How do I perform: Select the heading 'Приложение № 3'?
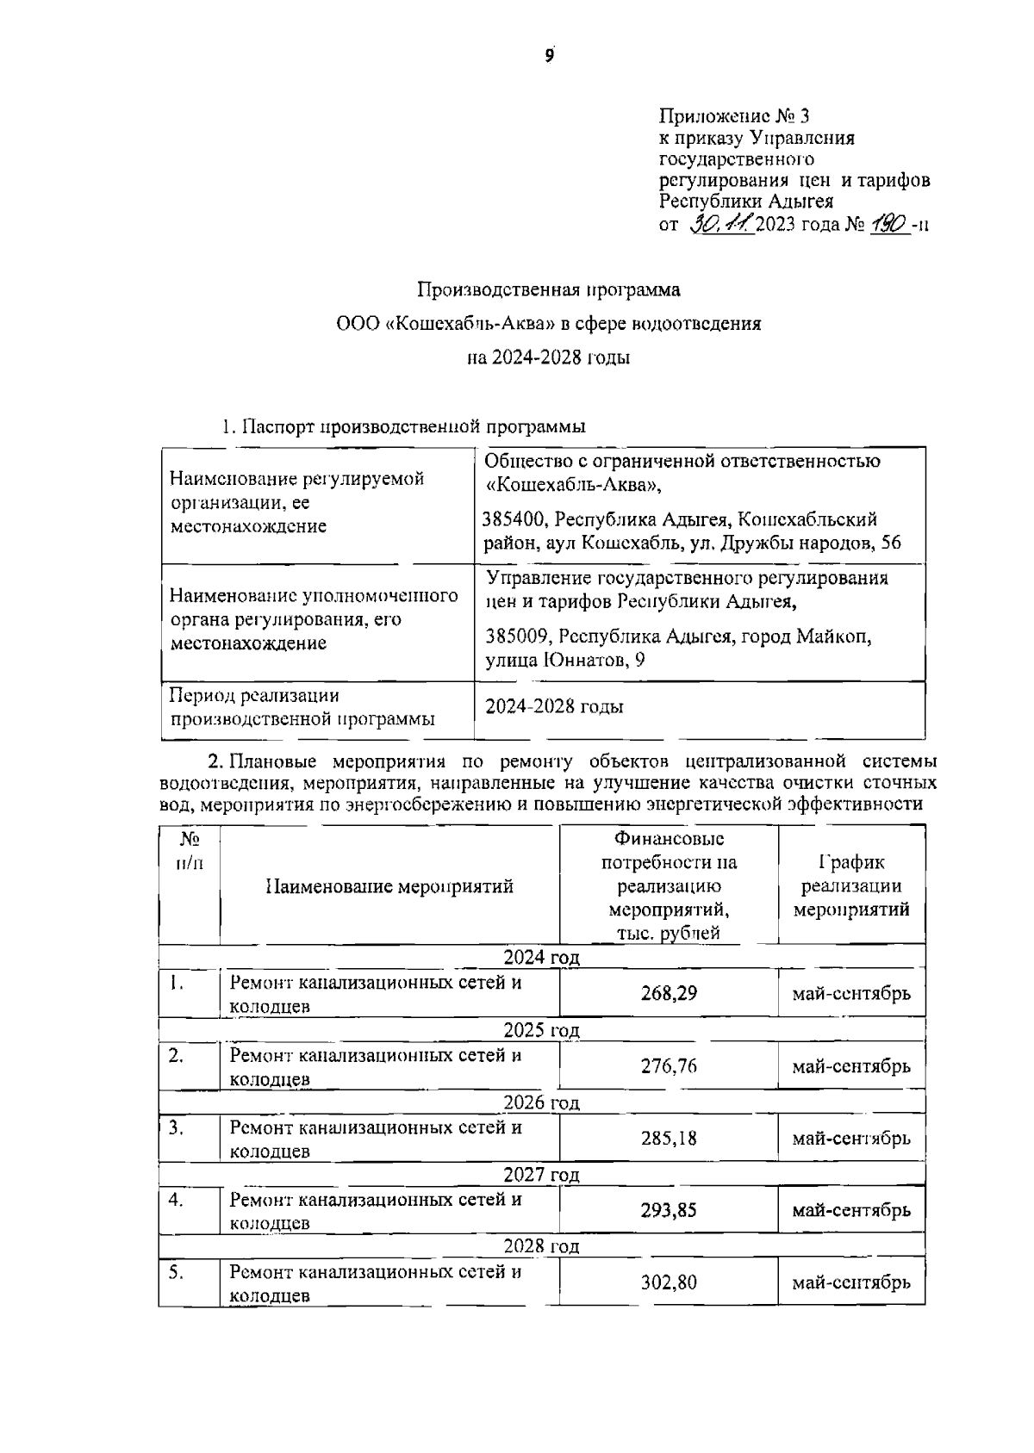[734, 115]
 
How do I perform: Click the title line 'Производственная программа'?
[549, 290]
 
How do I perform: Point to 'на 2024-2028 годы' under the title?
[549, 357]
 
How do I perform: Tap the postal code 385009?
[517, 636]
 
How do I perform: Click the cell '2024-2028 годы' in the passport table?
[554, 707]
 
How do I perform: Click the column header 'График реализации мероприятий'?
[851, 886]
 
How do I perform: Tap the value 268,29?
[669, 993]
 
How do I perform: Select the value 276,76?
[669, 1066]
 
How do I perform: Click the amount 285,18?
[669, 1139]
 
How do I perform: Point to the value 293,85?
[669, 1210]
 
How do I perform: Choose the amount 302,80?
[669, 1282]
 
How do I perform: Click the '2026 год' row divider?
[541, 1103]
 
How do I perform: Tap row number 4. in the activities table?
[177, 1199]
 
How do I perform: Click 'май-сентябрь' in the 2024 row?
[851, 994]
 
